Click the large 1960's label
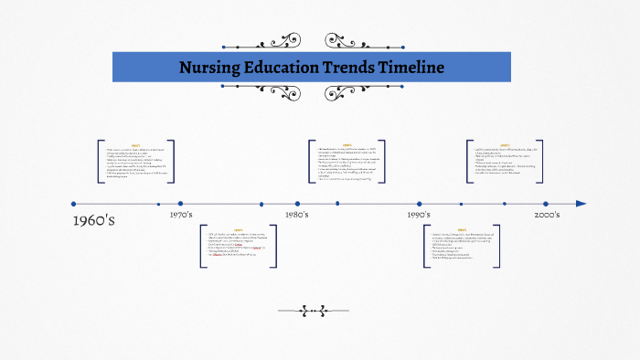93,220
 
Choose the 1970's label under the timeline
181,215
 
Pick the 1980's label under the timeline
297,215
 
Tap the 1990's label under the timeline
420,215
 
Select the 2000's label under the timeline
547,215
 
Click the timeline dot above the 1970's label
181,204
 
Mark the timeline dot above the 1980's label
297,204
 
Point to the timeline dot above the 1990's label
420,204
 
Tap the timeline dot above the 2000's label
546,204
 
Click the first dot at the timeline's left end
73,204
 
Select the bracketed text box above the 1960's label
135,162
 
